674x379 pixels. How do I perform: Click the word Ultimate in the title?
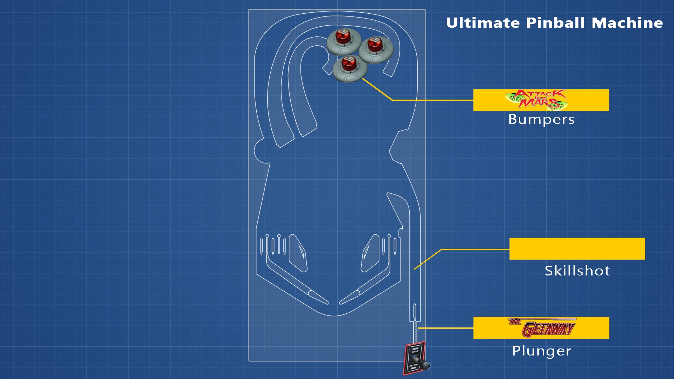pyautogui.click(x=483, y=23)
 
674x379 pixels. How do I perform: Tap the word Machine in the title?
pyautogui.click(x=627, y=23)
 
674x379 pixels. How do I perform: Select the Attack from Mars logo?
pyautogui.click(x=536, y=100)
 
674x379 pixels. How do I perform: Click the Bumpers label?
pyautogui.click(x=541, y=120)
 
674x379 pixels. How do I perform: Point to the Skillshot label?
pyautogui.click(x=577, y=271)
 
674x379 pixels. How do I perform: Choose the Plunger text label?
pyautogui.click(x=542, y=351)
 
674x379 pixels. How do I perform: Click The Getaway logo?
pyautogui.click(x=541, y=328)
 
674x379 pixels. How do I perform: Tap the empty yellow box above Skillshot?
pyautogui.click(x=577, y=249)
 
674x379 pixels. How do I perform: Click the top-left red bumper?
pyautogui.click(x=343, y=41)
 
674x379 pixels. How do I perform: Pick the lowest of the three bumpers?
pyautogui.click(x=350, y=69)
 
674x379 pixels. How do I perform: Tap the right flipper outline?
pyautogui.click(x=350, y=297)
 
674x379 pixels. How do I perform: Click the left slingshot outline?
pyautogui.click(x=298, y=253)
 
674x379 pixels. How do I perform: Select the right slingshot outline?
pyautogui.click(x=370, y=253)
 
